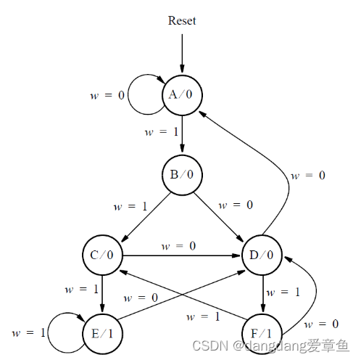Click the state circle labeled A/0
click(181, 94)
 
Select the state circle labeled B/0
click(181, 175)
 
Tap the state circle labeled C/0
click(101, 255)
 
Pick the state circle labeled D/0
click(262, 255)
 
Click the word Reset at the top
click(182, 20)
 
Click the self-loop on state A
click(144, 95)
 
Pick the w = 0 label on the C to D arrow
click(178, 246)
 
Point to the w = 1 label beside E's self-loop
click(28, 333)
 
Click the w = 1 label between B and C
click(130, 206)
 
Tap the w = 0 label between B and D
click(236, 205)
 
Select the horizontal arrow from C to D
click(181, 255)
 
